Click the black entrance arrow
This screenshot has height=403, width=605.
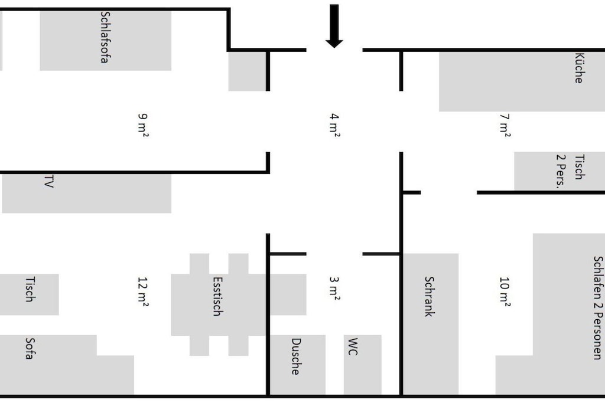[x=334, y=26]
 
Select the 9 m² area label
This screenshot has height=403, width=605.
[x=143, y=125]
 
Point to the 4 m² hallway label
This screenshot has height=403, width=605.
[x=334, y=125]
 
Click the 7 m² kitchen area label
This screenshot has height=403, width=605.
[x=505, y=125]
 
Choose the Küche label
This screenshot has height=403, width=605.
[x=579, y=68]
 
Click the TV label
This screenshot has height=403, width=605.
[x=48, y=182]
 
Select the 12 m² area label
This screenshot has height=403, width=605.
[x=143, y=291]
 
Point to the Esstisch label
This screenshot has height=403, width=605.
[x=217, y=296]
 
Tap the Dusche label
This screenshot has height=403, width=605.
[x=295, y=356]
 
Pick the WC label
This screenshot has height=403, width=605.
[x=353, y=347]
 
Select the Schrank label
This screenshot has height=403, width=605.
[x=429, y=296]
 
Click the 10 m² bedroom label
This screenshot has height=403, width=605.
[x=505, y=291]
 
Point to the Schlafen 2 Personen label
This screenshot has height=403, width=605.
[x=598, y=307]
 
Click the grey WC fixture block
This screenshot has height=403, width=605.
[x=363, y=365]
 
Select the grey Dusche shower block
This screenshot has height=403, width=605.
[x=297, y=365]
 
